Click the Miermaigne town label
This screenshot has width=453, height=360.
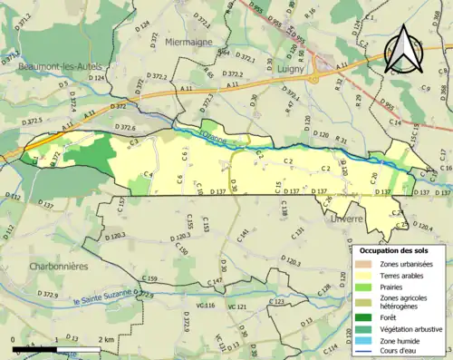(189, 43)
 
